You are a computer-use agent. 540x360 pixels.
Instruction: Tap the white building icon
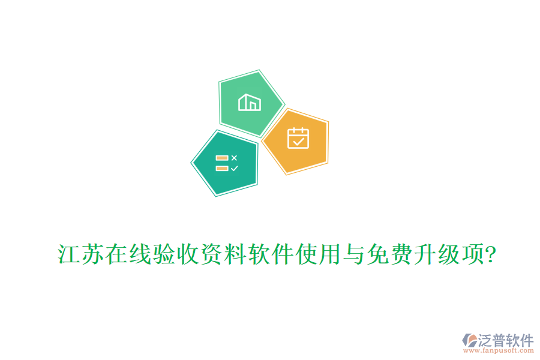[250, 103]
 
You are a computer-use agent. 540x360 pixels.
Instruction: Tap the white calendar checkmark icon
[298, 138]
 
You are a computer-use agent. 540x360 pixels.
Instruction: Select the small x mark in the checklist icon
[234, 158]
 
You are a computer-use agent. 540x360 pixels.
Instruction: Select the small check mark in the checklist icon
[234, 169]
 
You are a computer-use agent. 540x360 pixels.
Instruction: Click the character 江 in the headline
[69, 255]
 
